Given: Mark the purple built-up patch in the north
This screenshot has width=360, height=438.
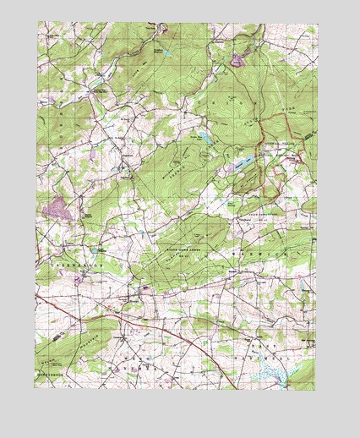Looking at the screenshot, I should (x=237, y=60).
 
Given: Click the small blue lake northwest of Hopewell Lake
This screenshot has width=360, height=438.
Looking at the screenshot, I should (x=204, y=136).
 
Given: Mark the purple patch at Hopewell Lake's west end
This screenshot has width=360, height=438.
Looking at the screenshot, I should (x=229, y=169).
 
